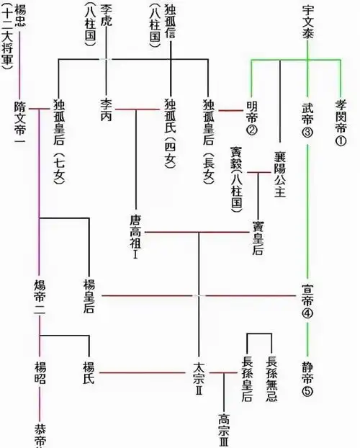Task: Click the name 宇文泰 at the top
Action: [308, 22]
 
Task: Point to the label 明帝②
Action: [251, 116]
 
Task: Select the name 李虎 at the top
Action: [106, 14]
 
